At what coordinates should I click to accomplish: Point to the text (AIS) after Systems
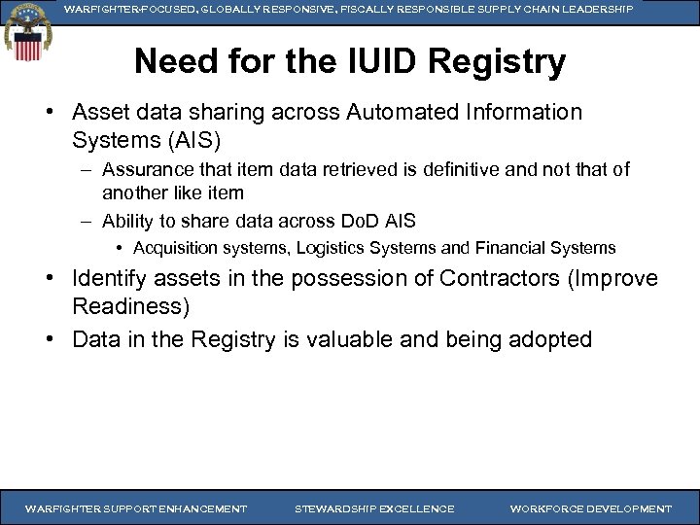(x=198, y=139)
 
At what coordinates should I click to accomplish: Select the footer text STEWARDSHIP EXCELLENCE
(x=374, y=508)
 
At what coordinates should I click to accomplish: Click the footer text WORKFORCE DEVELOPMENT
(x=590, y=508)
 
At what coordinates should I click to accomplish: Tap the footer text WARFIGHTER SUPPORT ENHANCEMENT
(x=136, y=508)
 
